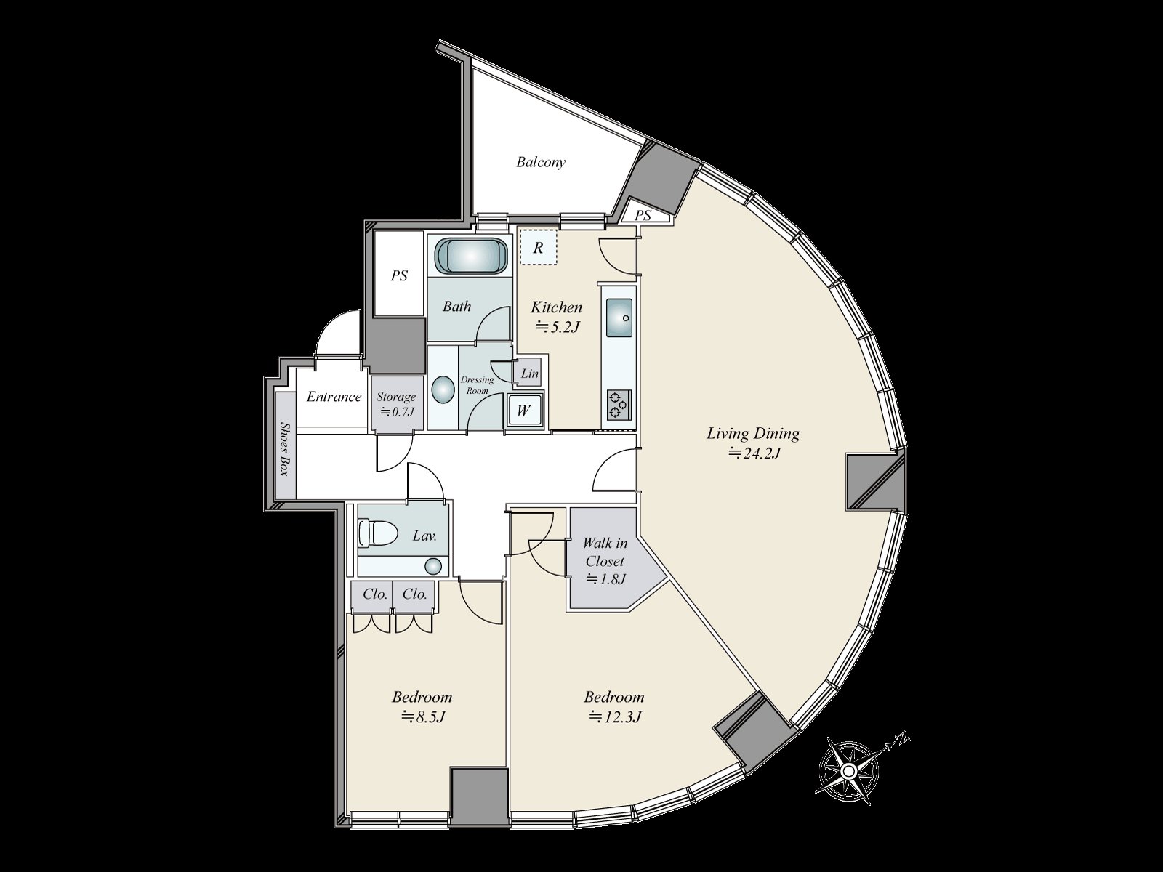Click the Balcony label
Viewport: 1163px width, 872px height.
coord(540,162)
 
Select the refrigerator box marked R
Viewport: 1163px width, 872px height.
coord(538,248)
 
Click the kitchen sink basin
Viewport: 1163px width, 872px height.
coord(619,317)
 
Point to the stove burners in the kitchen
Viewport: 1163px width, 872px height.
coord(619,405)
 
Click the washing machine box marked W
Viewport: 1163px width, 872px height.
coord(523,411)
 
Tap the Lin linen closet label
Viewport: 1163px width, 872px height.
coord(530,374)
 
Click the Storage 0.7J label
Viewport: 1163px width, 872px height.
coord(396,404)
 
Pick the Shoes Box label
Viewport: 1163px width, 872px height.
coord(285,449)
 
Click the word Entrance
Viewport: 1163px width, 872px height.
coord(334,397)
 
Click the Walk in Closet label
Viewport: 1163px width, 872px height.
coord(605,560)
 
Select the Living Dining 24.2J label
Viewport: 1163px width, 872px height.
coord(753,443)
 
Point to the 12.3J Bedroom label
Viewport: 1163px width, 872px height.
coord(614,706)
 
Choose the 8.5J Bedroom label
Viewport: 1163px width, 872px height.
coord(422,706)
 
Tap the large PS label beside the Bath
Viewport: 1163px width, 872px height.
coord(399,276)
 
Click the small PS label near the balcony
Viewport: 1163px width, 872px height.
coord(643,216)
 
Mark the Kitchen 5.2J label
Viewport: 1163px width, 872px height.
coord(556,316)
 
